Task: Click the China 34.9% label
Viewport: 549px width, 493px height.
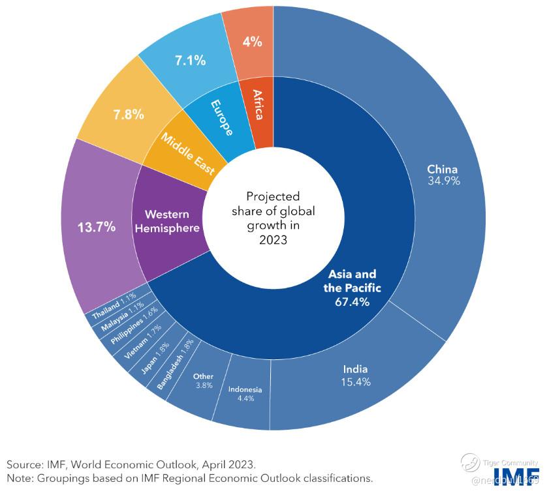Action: tap(444, 174)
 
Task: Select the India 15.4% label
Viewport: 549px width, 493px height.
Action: tap(356, 376)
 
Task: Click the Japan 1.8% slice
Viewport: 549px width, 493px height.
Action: tap(155, 356)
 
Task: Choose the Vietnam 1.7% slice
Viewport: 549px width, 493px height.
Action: tap(138, 340)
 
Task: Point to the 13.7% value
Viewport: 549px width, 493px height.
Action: tap(96, 227)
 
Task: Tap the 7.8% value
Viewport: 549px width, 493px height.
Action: tap(128, 114)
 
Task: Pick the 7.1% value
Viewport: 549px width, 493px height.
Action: tap(190, 61)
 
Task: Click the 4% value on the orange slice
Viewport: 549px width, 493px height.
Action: tap(252, 42)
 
